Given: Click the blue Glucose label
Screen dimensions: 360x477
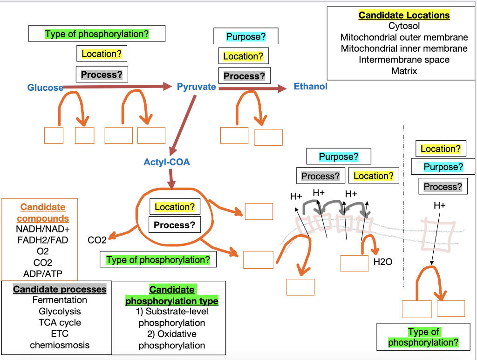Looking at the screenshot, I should [x=45, y=88].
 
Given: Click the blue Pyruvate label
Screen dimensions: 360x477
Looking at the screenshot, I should [x=196, y=87].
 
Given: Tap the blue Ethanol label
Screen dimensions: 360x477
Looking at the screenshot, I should [x=310, y=86].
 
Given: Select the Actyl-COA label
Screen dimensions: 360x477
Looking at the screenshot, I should [x=167, y=162].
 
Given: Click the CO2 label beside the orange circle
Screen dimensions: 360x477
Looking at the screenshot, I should [x=97, y=240].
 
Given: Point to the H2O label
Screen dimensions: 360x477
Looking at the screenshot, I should [x=383, y=262].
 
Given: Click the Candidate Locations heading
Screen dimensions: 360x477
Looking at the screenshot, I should [x=404, y=15].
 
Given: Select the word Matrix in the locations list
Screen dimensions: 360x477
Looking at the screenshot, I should [x=404, y=71].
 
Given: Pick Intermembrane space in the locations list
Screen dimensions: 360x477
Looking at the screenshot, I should [x=404, y=60].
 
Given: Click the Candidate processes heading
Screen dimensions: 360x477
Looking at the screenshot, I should [x=60, y=289].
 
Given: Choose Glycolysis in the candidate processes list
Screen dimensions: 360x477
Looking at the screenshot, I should [x=60, y=311].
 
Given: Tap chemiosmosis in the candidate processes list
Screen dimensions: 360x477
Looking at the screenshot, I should [x=60, y=345].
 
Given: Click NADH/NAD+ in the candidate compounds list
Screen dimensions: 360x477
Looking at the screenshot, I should [x=43, y=229].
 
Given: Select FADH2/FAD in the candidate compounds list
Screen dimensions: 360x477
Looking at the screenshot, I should [x=43, y=240].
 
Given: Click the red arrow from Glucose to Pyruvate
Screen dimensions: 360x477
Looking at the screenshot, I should [x=116, y=86].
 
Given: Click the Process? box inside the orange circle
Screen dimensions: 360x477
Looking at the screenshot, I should [x=175, y=225].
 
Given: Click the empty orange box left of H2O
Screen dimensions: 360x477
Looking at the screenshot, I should [x=354, y=264].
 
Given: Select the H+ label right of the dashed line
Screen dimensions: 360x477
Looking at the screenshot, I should [x=439, y=205].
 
